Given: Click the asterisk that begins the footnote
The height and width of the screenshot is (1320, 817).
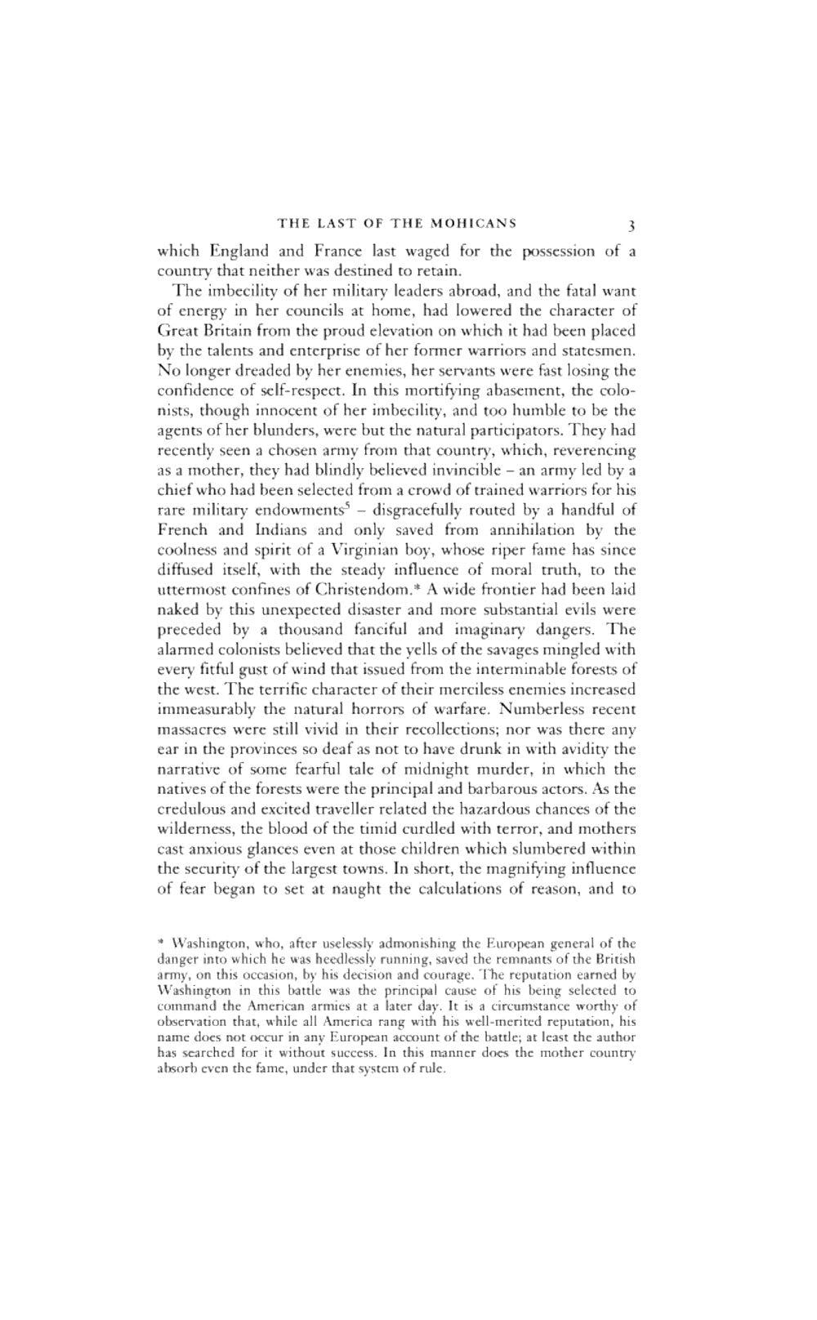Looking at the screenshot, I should (x=160, y=942).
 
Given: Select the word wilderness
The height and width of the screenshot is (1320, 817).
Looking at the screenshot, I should (x=194, y=828).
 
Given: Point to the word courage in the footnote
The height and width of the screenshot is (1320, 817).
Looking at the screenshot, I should (x=450, y=974).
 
